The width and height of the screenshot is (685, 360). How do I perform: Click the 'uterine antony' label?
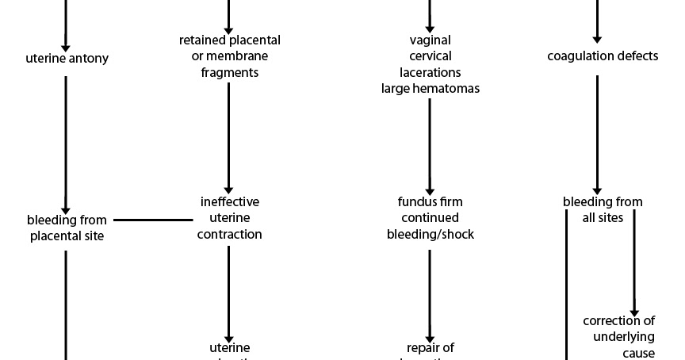pos(67,58)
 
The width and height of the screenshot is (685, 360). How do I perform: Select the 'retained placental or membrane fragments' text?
pos(229,56)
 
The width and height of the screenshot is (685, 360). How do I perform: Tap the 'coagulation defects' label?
pos(603,56)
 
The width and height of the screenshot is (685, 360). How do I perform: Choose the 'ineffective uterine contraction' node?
pos(229,218)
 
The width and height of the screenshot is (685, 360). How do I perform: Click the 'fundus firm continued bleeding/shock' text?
pos(431,218)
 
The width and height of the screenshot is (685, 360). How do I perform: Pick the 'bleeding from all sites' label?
pos(603,209)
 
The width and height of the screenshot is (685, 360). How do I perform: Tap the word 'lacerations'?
pos(431,72)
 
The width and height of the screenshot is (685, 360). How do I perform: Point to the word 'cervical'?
pos(431,56)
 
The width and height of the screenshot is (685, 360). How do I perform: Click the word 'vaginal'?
pos(431,40)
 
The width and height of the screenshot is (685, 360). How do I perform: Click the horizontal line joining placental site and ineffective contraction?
pos(153,220)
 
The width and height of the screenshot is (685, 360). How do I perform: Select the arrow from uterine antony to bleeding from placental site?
pos(66,143)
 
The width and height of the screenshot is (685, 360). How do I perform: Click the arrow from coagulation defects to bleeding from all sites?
pos(597,131)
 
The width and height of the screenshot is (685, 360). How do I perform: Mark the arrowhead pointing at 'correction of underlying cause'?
pos(633,309)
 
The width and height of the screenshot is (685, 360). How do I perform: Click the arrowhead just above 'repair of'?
pos(430,336)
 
